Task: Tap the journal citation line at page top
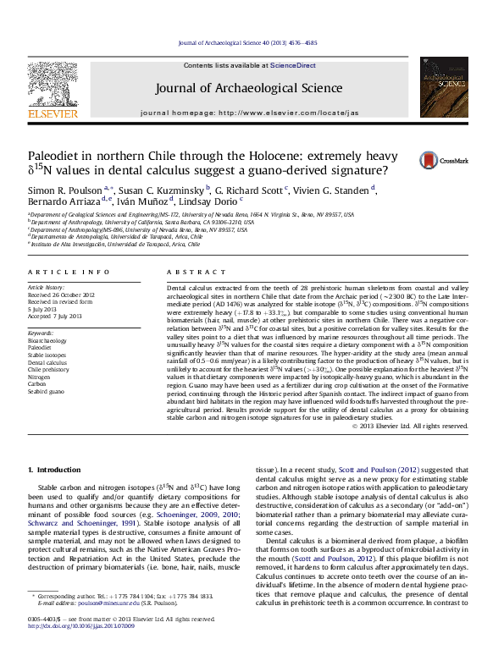(251, 41)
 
